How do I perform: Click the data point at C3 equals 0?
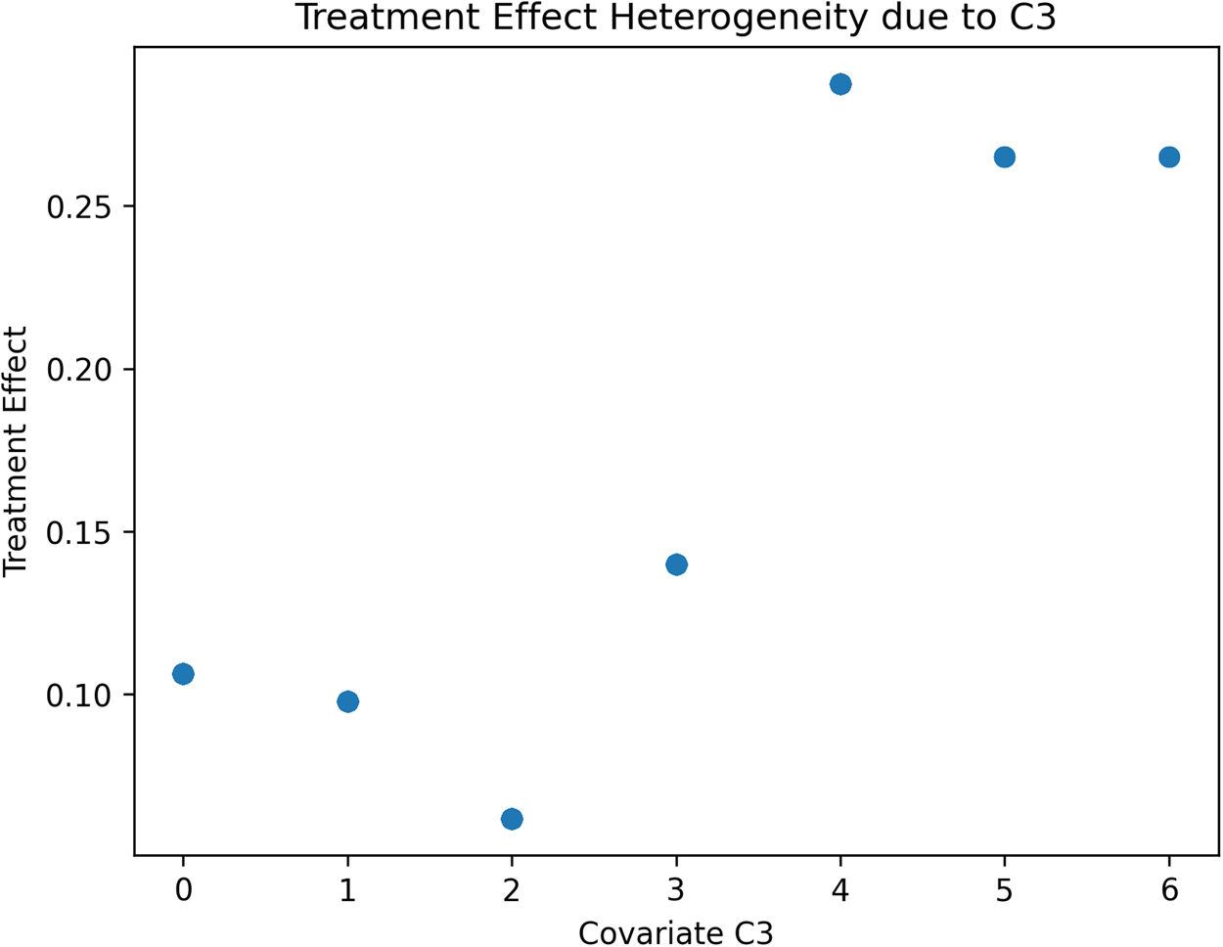point(183,674)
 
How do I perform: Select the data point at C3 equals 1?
point(347,701)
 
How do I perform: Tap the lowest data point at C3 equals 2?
point(512,819)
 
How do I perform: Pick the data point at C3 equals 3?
point(676,564)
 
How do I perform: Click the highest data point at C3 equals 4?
point(840,84)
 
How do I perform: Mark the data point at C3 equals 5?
point(1005,158)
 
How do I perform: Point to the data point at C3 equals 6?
point(1169,158)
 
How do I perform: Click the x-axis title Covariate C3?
point(676,932)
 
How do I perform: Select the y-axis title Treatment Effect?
point(16,452)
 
